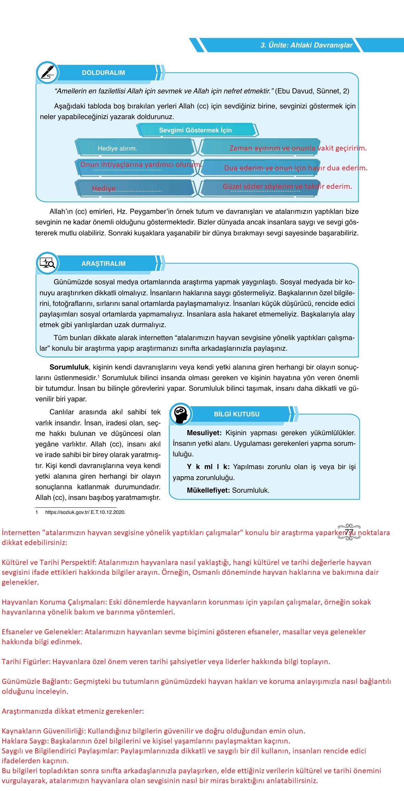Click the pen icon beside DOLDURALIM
point(47,73)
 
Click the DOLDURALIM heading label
point(103,73)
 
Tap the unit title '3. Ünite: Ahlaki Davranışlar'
point(306,45)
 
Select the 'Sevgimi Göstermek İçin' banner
point(195,130)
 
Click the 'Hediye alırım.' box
point(117,148)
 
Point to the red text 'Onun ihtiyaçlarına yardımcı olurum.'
point(141,165)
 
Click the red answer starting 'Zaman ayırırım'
point(298,148)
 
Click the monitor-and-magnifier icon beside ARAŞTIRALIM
point(47,263)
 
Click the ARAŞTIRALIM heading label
point(103,264)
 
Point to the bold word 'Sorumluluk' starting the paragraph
point(69,367)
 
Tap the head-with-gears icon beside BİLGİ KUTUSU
point(180,414)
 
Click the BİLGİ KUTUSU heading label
point(237,414)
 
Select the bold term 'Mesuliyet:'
point(204,433)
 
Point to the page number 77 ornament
point(349,532)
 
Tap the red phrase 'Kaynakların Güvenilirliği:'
point(44,731)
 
